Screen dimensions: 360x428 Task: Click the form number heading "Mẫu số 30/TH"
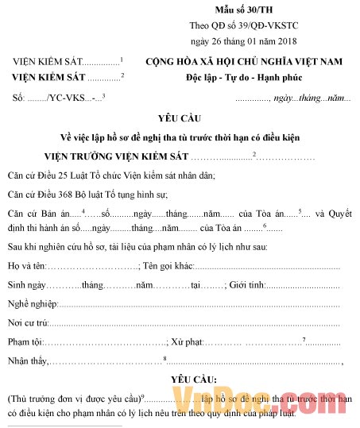coord(243,9)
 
